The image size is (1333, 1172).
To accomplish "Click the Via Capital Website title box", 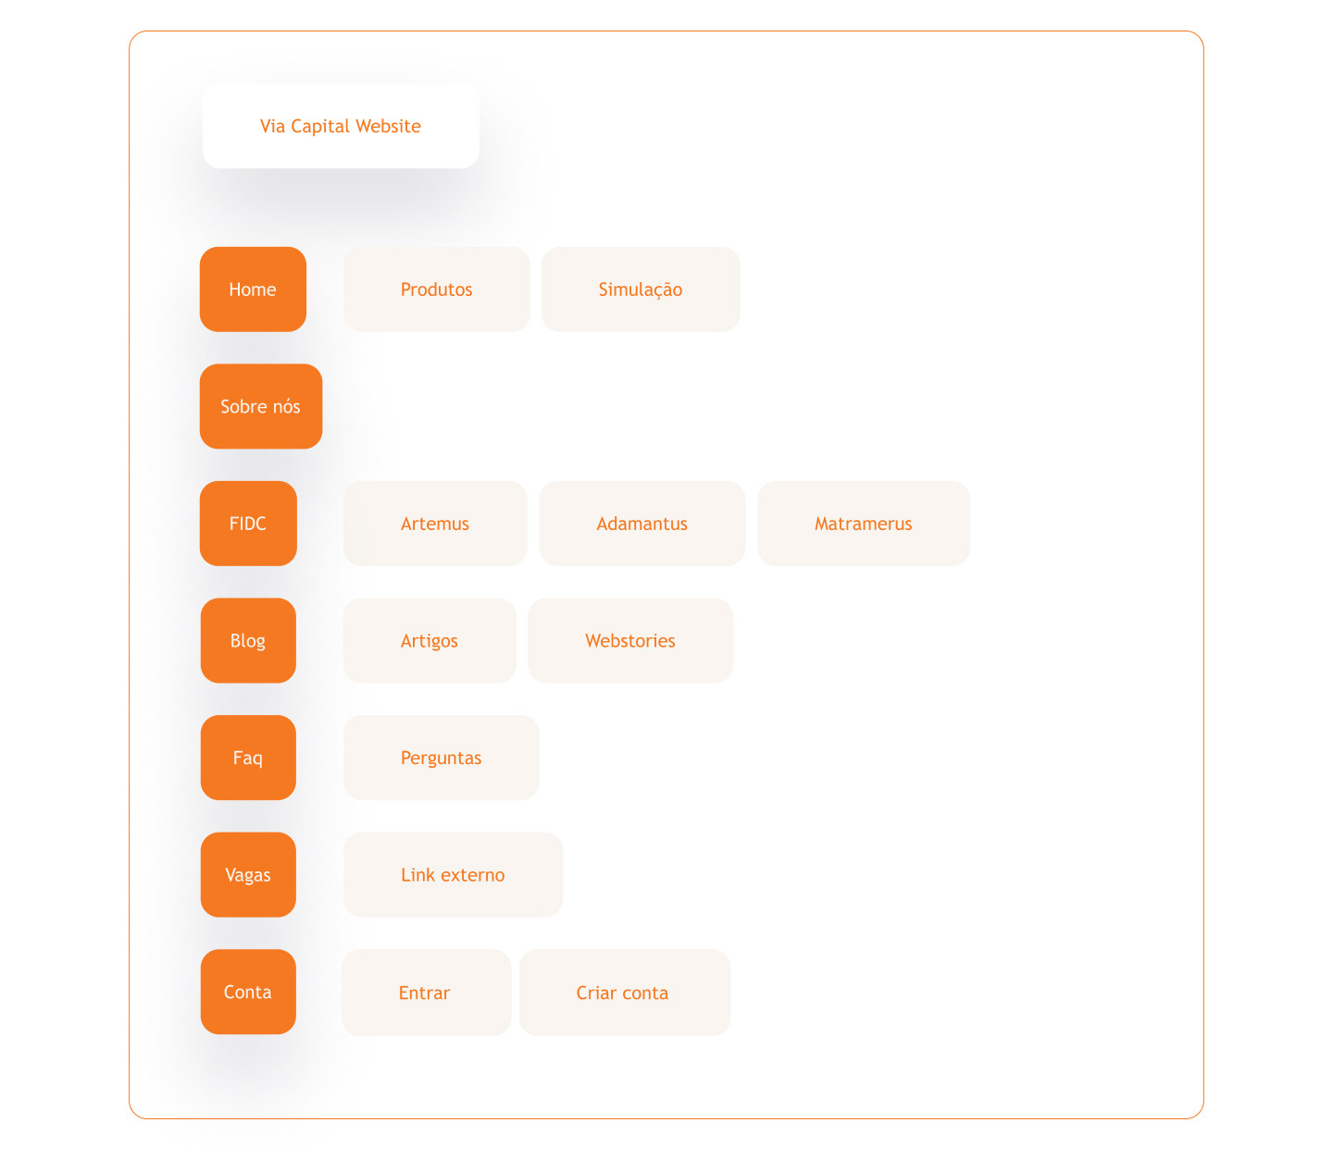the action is point(340,126).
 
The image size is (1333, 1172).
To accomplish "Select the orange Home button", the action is point(253,290).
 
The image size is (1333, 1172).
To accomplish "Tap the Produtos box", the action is point(436,290).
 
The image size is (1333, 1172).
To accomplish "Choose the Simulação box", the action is point(641,290).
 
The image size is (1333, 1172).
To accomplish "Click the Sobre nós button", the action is point(260,406).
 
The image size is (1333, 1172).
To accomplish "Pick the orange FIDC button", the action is point(248,524).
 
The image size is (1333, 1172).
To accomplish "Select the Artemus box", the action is point(435,524).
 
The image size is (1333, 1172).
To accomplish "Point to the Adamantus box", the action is point(642,524).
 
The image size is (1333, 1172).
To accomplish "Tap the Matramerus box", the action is point(864,524).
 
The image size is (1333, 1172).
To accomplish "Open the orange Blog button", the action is point(248,641).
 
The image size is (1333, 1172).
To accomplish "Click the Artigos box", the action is point(430,641).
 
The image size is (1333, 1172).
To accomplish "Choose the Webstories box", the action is point(629,641).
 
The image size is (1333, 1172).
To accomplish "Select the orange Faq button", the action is point(248,758).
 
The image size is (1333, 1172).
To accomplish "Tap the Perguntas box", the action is point(441,758).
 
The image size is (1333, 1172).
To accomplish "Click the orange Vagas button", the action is point(248,875).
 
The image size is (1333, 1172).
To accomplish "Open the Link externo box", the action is point(453,875).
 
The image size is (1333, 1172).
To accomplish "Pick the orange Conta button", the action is point(248,992).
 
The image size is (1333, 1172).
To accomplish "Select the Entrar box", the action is point(426,993).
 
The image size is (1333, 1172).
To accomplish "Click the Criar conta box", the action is point(625,993).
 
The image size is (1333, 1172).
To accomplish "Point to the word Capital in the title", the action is point(320,127).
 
